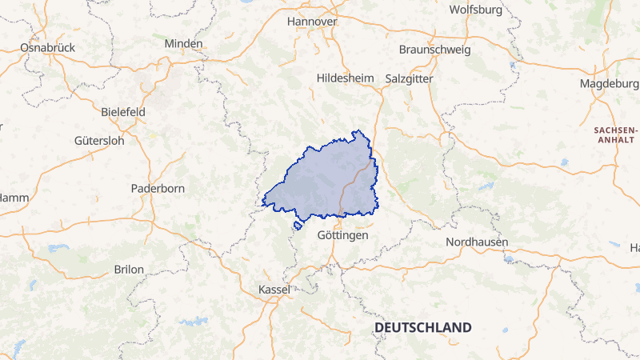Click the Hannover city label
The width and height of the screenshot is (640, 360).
click(x=312, y=22)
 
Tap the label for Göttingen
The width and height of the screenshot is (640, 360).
click(x=342, y=236)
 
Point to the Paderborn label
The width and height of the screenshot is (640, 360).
click(x=158, y=189)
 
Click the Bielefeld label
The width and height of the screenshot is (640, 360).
click(x=124, y=112)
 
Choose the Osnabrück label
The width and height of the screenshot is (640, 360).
click(x=47, y=48)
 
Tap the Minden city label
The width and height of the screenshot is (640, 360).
click(x=184, y=43)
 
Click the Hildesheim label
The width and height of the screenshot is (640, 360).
click(x=346, y=78)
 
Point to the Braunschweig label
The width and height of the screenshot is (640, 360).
click(x=434, y=50)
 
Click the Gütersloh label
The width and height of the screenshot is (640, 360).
click(x=99, y=141)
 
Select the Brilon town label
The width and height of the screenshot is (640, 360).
click(x=129, y=270)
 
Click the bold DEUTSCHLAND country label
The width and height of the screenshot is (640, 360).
click(x=422, y=328)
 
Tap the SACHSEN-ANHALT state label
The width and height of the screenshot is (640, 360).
click(x=615, y=134)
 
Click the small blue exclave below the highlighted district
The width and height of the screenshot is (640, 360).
click(x=298, y=226)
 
